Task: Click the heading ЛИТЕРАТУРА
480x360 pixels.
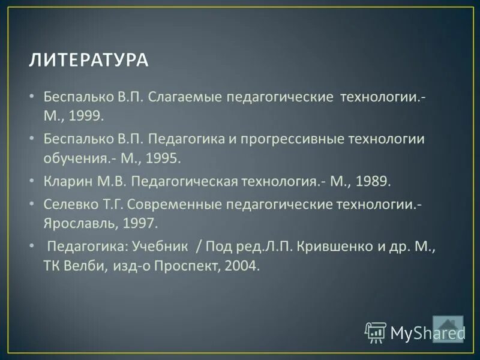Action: point(88,60)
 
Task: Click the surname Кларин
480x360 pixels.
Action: point(65,181)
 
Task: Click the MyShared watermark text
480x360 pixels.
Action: point(427,332)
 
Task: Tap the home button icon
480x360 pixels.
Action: point(448,328)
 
